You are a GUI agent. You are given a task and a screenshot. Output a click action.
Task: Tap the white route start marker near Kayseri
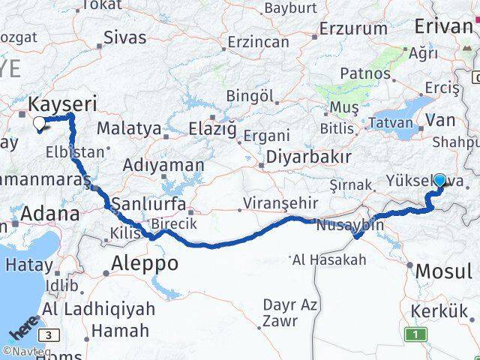click(40, 123)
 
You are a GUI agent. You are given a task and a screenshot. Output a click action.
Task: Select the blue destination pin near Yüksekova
click(439, 181)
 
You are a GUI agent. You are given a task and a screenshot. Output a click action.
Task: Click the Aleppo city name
click(145, 263)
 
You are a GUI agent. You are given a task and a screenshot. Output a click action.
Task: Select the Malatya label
click(129, 128)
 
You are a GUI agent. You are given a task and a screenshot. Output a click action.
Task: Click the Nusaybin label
click(350, 224)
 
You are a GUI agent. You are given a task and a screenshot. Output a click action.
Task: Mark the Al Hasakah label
click(329, 259)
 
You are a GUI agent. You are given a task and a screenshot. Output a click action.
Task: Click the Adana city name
click(49, 214)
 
